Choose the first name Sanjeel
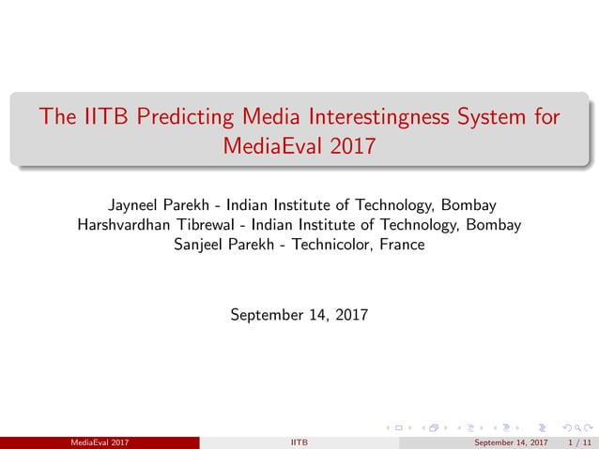pos(202,245)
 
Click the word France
pos(402,245)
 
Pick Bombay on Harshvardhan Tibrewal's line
pos(491,225)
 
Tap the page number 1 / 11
pos(580,442)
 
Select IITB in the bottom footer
pos(299,442)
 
